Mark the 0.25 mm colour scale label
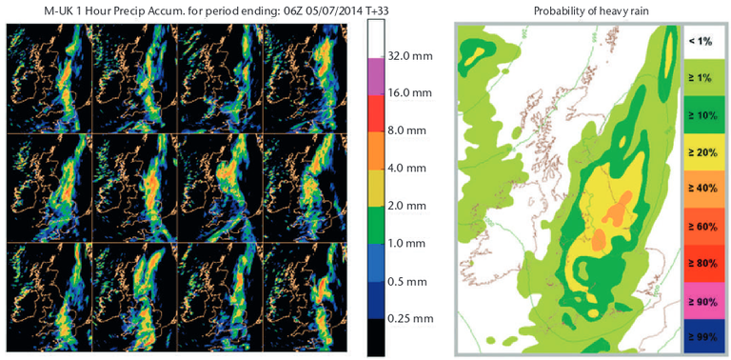tap(412, 318)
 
